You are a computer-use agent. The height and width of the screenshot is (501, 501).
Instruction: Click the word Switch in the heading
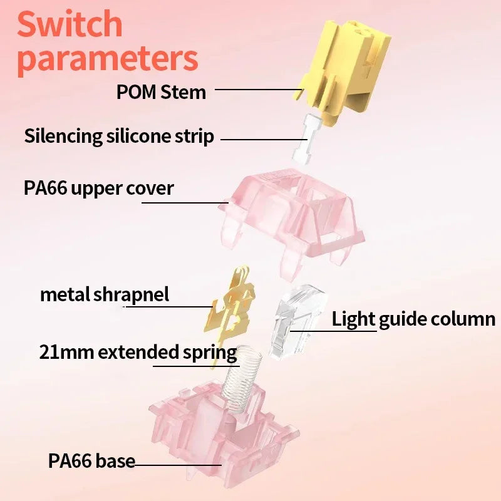tap(70, 23)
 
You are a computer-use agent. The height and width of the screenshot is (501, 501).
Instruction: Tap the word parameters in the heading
tap(108, 58)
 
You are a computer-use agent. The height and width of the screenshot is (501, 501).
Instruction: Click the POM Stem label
tap(161, 92)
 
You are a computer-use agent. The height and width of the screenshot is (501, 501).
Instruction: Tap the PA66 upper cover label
tap(99, 188)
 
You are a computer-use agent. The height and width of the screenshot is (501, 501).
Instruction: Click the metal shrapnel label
tap(105, 294)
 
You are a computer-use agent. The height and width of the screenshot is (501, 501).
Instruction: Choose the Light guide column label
tap(413, 319)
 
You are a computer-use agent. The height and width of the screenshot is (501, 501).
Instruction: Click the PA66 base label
tap(91, 462)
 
